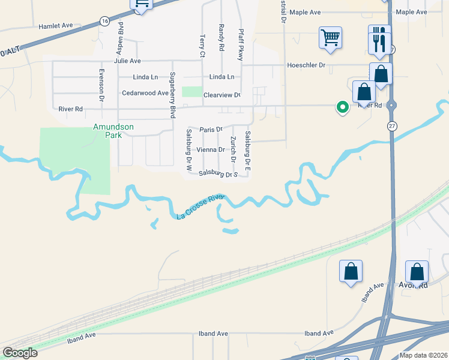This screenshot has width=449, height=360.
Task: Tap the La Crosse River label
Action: pos(200,206)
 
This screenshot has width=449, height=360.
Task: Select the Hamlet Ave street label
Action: pos(55,26)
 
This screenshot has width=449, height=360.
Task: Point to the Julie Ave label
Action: pos(127,61)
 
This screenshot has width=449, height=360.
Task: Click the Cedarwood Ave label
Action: pos(145,93)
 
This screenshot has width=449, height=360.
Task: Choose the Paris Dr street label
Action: pos(211,129)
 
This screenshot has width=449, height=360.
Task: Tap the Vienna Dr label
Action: pos(211,150)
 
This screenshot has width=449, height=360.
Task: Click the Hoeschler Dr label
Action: pos(306,65)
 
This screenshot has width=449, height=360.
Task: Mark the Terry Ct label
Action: pos(202,46)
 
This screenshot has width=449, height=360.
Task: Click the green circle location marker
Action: pos(343,107)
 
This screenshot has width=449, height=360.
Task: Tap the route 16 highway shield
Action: pos(105,21)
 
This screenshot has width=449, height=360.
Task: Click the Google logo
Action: pos(20,353)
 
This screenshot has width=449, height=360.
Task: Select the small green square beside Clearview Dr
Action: pos(191,92)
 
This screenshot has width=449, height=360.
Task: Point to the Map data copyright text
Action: pos(423,355)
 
